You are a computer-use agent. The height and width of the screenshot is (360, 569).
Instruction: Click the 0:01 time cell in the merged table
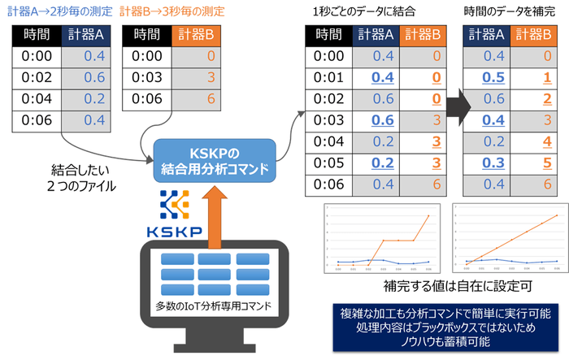click(x=331, y=77)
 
